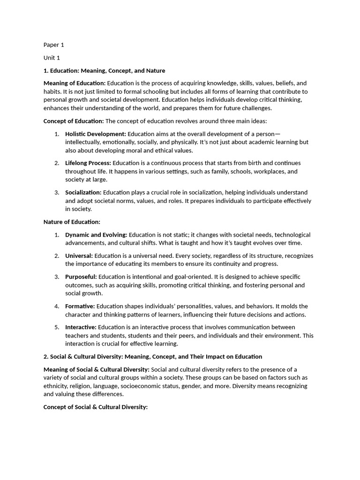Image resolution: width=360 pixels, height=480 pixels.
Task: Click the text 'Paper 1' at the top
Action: pyautogui.click(x=53, y=45)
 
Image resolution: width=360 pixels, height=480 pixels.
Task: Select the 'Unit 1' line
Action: pyautogui.click(x=52, y=58)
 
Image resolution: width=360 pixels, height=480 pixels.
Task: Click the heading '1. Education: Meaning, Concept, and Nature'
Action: pyautogui.click(x=104, y=71)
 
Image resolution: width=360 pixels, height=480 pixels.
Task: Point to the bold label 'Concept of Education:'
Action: pyautogui.click(x=74, y=121)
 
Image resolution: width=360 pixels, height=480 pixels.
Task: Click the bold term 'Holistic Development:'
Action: pyautogui.click(x=96, y=134)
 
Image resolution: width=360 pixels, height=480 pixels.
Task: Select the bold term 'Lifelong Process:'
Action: pyautogui.click(x=88, y=163)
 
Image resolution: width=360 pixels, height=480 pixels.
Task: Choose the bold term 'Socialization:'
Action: pyautogui.click(x=83, y=192)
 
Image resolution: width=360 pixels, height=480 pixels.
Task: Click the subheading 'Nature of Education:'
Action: pyautogui.click(x=72, y=222)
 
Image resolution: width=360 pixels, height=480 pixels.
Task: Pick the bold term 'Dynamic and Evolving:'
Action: pyautogui.click(x=96, y=234)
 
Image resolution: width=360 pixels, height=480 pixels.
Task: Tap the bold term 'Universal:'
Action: pyautogui.click(x=79, y=255)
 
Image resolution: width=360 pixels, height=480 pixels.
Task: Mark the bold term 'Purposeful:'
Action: pyautogui.click(x=81, y=277)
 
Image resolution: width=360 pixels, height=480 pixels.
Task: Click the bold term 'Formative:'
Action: pyautogui.click(x=80, y=306)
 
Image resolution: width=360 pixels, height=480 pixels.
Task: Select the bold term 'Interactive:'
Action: pyautogui.click(x=81, y=327)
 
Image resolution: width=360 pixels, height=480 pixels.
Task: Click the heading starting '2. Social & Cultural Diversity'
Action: pyautogui.click(x=153, y=357)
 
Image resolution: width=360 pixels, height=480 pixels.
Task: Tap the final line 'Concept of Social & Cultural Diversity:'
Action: pyautogui.click(x=96, y=407)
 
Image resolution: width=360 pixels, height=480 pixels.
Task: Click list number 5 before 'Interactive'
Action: pyautogui.click(x=56, y=327)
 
